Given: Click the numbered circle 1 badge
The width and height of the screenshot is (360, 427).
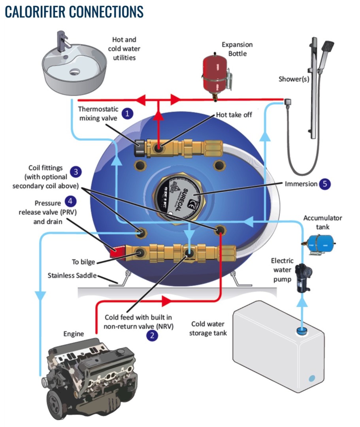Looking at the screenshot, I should coord(127,113).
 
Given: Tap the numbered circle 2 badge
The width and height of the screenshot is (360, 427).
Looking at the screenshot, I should coord(152,336).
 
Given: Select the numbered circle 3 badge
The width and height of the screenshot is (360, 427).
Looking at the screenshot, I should coord(75,172).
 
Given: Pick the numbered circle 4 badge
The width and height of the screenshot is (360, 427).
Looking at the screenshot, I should coord(70,201).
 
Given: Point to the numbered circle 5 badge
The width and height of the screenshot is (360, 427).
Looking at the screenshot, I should coord(325,183).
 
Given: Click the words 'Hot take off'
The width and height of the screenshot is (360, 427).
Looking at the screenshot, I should coord(234,115).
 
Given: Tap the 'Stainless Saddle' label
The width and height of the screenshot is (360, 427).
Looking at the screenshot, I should coord(72,275).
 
